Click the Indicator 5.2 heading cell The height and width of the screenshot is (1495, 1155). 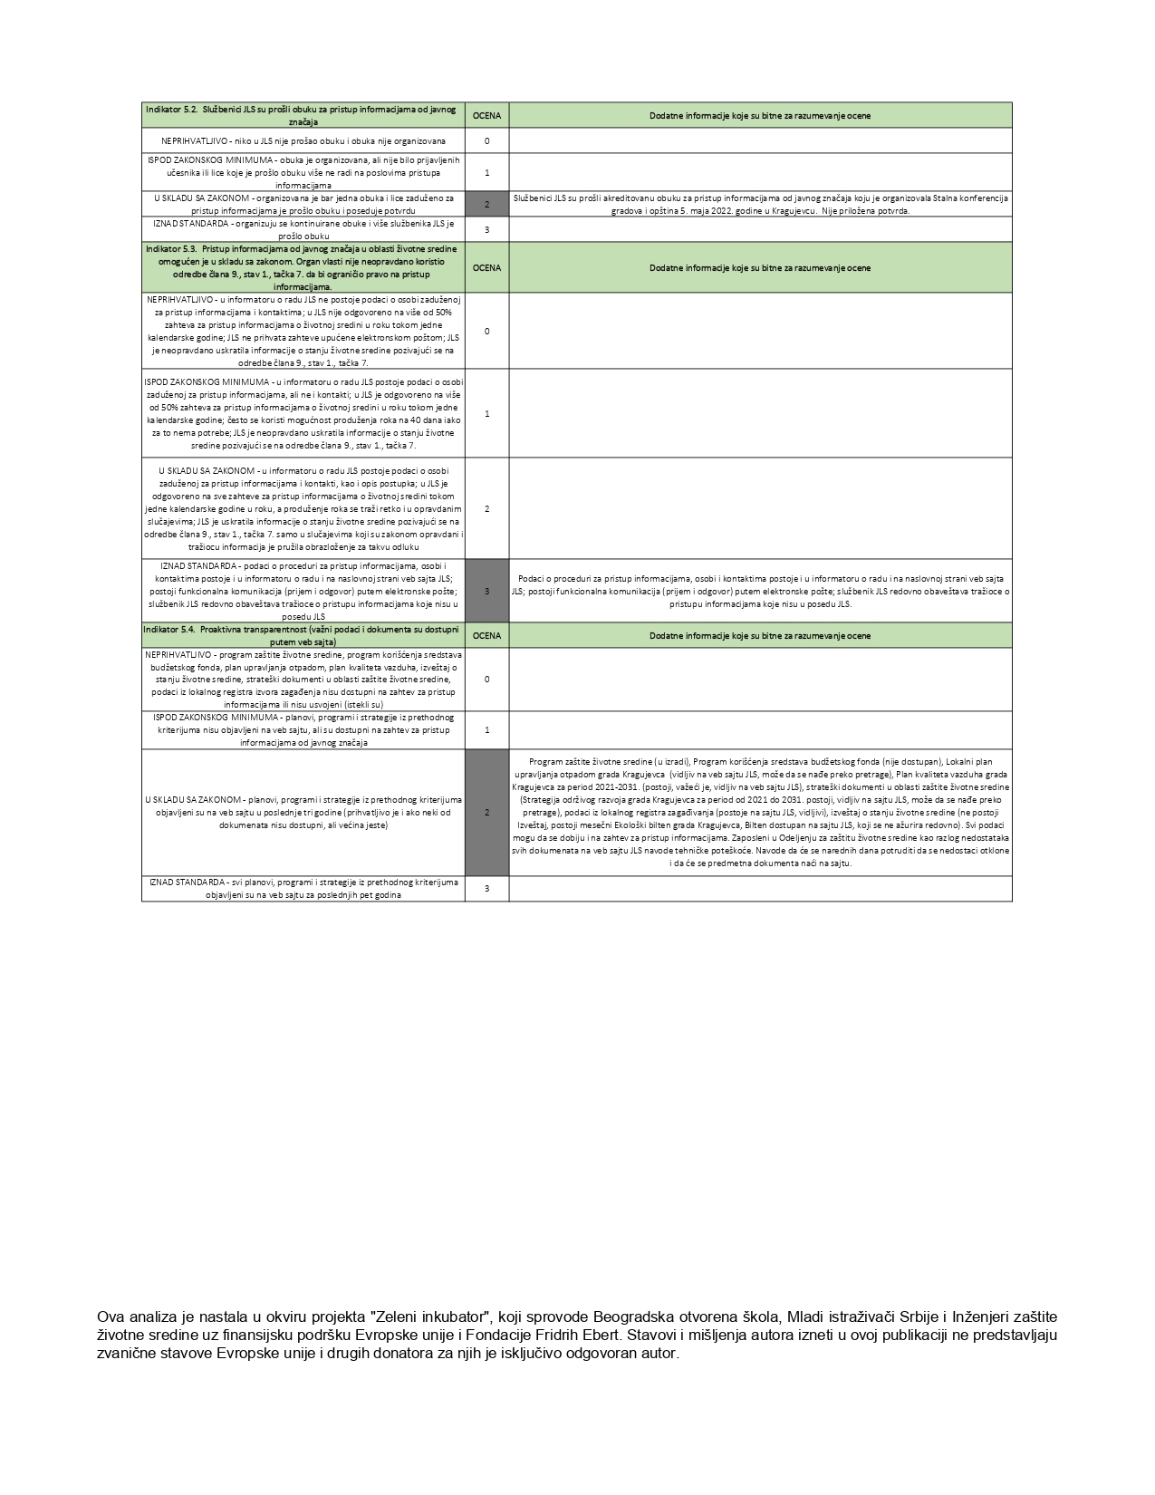tap(303, 115)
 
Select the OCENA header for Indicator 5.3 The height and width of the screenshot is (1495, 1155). tap(486, 267)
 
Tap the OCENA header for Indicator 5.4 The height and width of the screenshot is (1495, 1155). tap(486, 635)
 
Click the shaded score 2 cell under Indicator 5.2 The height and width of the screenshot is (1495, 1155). tap(486, 204)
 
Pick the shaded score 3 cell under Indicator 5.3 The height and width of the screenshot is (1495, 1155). tap(486, 591)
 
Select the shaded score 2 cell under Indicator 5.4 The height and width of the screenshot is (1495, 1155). tap(486, 812)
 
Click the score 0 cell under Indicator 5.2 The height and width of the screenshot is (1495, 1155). tap(486, 140)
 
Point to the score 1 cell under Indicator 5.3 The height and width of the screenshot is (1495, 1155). tap(486, 413)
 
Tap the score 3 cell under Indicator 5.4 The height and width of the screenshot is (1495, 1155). tap(486, 888)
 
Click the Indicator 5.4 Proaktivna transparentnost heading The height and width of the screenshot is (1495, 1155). tap(303, 635)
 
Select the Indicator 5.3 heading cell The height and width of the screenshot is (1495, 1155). tap(303, 267)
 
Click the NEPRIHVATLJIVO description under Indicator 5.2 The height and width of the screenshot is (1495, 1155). tap(303, 140)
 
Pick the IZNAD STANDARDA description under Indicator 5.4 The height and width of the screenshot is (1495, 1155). tap(303, 888)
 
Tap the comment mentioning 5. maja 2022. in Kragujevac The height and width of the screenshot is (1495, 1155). tap(760, 204)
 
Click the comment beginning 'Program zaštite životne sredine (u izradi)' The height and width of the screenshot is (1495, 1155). tap(760, 812)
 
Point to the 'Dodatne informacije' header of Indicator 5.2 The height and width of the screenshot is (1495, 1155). tap(760, 115)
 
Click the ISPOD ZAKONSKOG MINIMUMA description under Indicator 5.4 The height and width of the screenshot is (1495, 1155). tap(303, 729)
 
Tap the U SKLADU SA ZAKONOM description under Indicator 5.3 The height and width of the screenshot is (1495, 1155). tap(303, 508)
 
